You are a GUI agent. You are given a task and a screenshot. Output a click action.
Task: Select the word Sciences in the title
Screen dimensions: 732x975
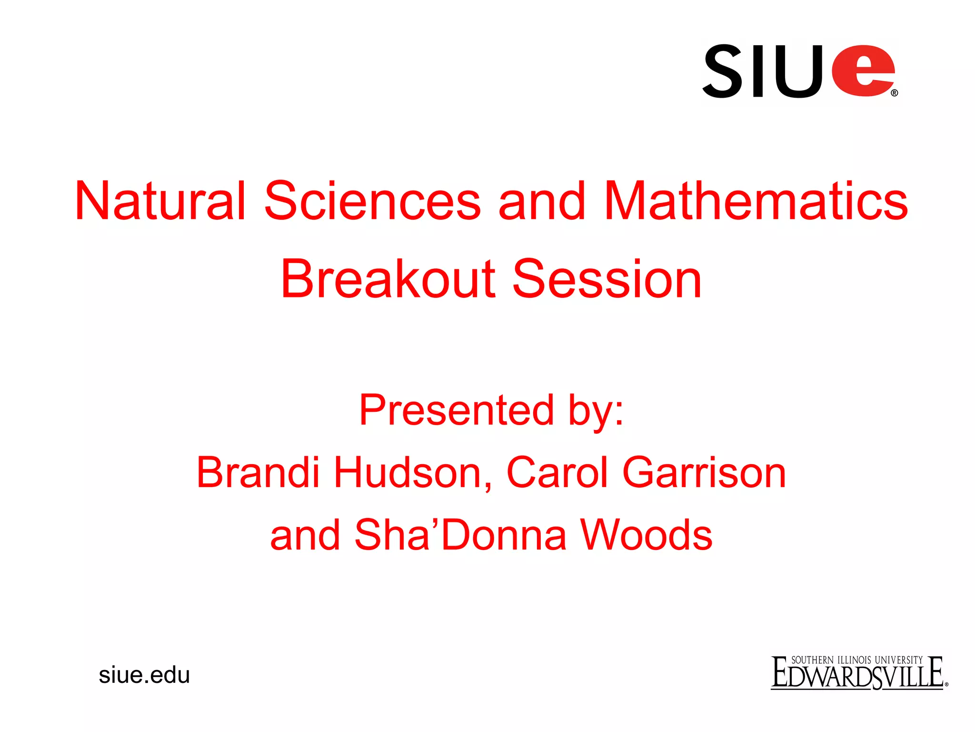(372, 201)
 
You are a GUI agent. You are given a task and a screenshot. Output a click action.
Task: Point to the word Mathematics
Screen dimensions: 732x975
(756, 201)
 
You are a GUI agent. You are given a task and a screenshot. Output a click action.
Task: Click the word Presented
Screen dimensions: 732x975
(456, 411)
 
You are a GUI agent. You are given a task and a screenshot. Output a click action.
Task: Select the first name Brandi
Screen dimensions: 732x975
(258, 473)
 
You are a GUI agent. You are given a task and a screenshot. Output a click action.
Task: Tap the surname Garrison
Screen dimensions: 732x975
(704, 473)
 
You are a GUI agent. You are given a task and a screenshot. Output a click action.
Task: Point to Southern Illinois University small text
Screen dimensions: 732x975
(856, 660)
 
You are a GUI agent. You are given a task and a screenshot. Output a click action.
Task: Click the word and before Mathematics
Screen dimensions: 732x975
(541, 201)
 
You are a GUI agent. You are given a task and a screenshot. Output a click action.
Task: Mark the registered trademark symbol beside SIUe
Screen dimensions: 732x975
(894, 93)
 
